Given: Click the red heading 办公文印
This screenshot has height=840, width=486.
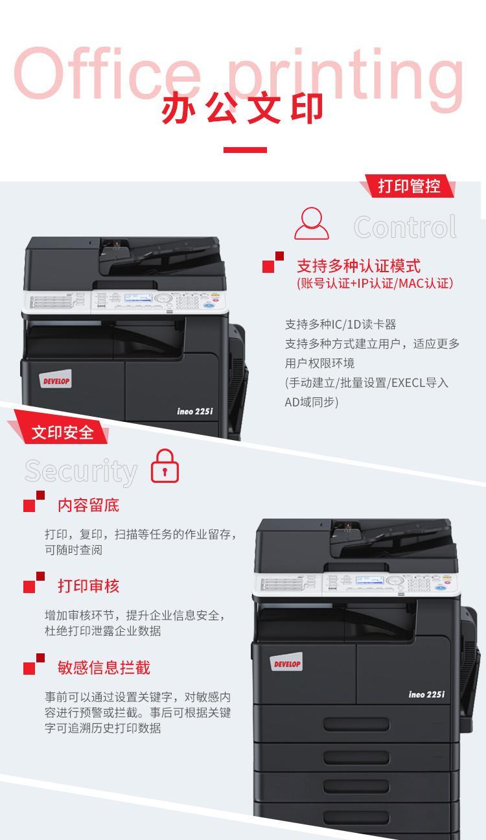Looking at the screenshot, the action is click(242, 108).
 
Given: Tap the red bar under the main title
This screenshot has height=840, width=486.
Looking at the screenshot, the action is click(245, 150).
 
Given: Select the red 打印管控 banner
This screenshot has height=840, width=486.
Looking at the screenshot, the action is click(409, 185).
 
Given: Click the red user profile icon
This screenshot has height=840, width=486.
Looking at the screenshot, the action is click(312, 224).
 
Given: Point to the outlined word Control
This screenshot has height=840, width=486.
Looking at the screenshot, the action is click(406, 227).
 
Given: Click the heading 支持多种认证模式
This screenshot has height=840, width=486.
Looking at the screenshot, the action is click(359, 266).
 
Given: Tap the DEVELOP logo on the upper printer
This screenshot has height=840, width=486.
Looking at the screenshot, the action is click(55, 379).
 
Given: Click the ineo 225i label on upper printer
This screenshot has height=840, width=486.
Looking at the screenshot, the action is click(195, 412).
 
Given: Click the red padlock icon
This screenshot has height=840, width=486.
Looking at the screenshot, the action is click(165, 466).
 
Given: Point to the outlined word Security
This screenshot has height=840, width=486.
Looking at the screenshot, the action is click(81, 471).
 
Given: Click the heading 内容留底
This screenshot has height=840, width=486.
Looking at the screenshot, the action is click(89, 506).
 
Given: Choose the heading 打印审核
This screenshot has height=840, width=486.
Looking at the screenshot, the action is click(89, 586).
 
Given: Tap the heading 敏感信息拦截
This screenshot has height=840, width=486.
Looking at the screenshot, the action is click(104, 668).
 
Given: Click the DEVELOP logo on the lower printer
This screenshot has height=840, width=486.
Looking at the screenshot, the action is click(286, 662).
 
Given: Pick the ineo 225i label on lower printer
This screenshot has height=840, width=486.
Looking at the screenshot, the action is click(427, 695).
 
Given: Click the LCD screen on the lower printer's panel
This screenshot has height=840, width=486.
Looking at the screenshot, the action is click(370, 581).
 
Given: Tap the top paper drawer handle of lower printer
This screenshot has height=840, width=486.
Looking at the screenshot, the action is click(356, 725).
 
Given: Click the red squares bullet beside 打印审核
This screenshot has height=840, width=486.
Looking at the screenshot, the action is click(34, 583).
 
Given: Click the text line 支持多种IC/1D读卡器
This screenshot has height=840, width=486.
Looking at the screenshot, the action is click(340, 324).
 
